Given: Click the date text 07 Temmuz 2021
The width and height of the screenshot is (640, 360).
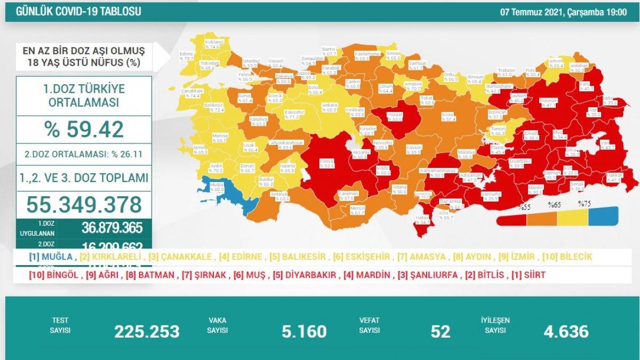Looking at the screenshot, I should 527,11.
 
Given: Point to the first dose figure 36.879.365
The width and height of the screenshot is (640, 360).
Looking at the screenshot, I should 112,228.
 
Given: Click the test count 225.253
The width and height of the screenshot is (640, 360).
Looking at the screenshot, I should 147,331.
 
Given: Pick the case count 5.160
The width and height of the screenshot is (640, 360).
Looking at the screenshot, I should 304,331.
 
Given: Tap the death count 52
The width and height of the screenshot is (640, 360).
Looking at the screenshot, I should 440,331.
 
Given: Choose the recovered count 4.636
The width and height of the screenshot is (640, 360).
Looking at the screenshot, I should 566,331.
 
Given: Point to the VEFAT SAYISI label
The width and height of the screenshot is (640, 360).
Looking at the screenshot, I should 369,325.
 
